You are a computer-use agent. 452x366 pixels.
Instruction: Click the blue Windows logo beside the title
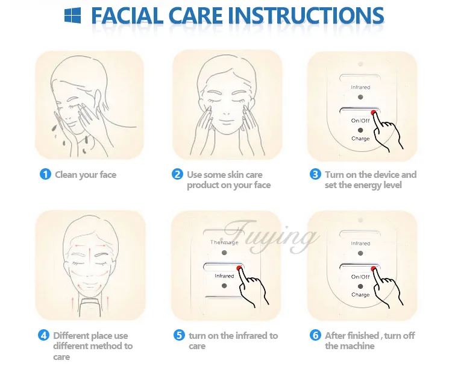pyautogui.click(x=72, y=15)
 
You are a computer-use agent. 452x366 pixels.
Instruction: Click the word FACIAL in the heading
pyautogui.click(x=127, y=15)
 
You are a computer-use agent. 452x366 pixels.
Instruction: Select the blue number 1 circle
pyautogui.click(x=45, y=174)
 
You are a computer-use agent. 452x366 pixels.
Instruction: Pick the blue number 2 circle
pyautogui.click(x=177, y=174)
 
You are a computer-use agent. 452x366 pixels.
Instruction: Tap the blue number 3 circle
pyautogui.click(x=315, y=174)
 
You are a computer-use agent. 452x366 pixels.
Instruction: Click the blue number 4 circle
pyautogui.click(x=43, y=335)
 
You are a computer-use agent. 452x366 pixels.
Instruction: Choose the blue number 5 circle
pyautogui.click(x=179, y=335)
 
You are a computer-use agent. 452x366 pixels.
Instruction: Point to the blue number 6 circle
pyautogui.click(x=315, y=335)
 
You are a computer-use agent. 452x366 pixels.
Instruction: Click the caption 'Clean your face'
pyautogui.click(x=86, y=175)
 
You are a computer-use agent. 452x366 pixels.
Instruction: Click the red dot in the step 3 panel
pyautogui.click(x=374, y=113)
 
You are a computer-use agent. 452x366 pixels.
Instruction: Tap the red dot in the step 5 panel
pyautogui.click(x=239, y=268)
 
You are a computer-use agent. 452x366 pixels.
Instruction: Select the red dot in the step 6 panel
pyautogui.click(x=374, y=269)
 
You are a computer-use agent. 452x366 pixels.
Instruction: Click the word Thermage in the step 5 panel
pyautogui.click(x=224, y=242)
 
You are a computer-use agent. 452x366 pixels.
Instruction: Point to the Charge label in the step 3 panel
pyautogui.click(x=360, y=139)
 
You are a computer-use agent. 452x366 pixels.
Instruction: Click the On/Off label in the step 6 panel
pyautogui.click(x=360, y=277)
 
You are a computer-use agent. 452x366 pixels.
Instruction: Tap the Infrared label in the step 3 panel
pyautogui.click(x=360, y=87)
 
